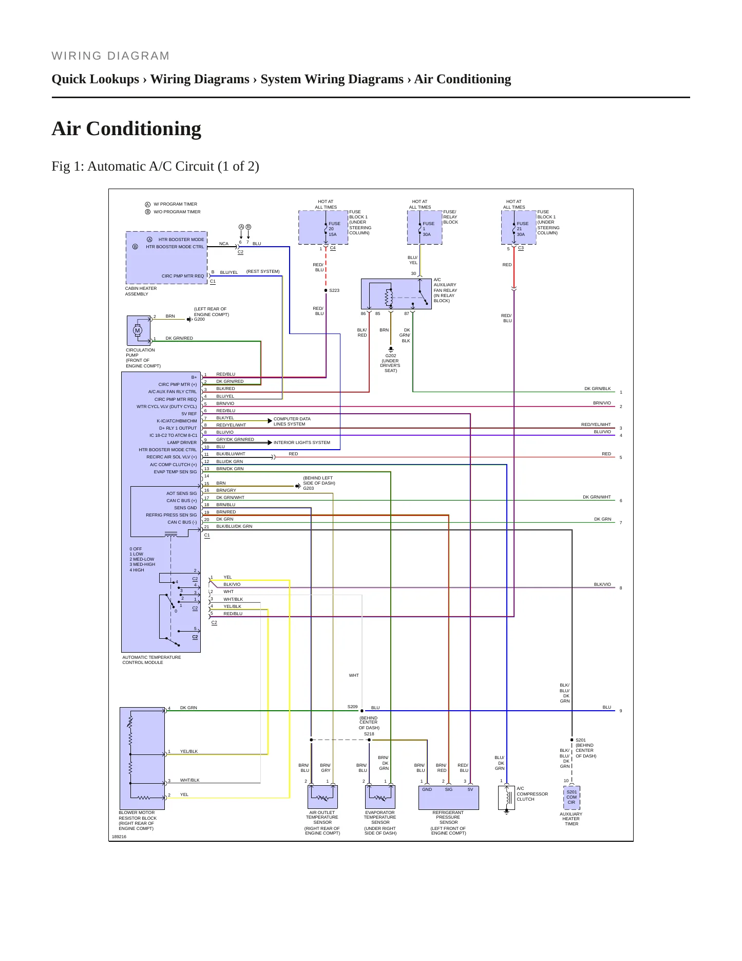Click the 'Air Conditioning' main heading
click(126, 128)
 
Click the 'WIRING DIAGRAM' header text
click(110, 56)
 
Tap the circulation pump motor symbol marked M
click(138, 330)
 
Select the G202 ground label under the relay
click(391, 356)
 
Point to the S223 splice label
click(334, 290)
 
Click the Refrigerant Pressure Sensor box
click(449, 798)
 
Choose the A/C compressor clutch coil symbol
click(507, 798)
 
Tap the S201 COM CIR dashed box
click(572, 798)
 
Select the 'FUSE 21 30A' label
click(522, 229)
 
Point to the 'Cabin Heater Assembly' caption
click(141, 291)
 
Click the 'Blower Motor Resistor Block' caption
click(138, 821)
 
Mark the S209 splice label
click(352, 707)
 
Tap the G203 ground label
click(308, 488)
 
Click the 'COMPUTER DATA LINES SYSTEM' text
click(292, 421)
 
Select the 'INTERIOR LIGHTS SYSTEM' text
click(302, 442)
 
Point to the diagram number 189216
click(119, 837)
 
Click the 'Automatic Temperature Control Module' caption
click(151, 660)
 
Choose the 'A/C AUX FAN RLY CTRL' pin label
click(173, 392)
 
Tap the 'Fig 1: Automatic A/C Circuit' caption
click(155, 167)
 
